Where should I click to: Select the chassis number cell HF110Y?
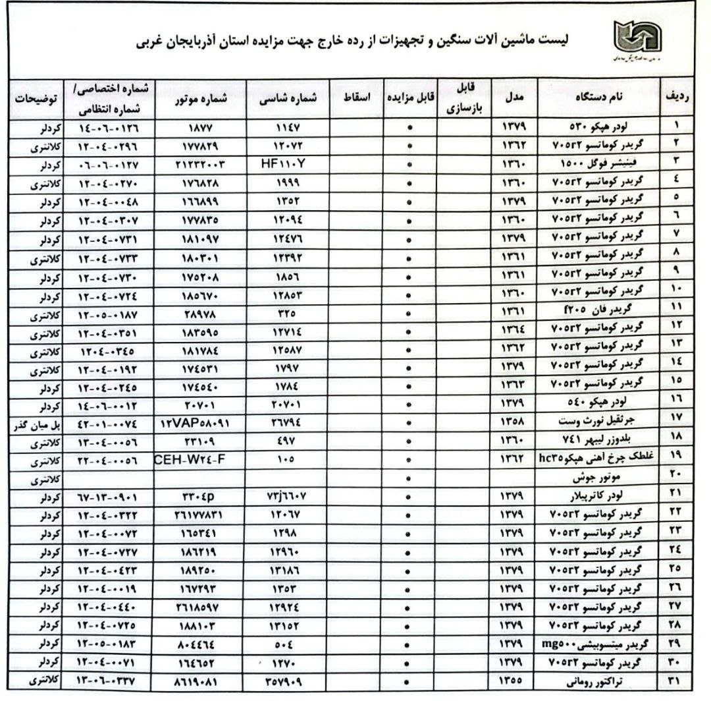pos(286,161)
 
